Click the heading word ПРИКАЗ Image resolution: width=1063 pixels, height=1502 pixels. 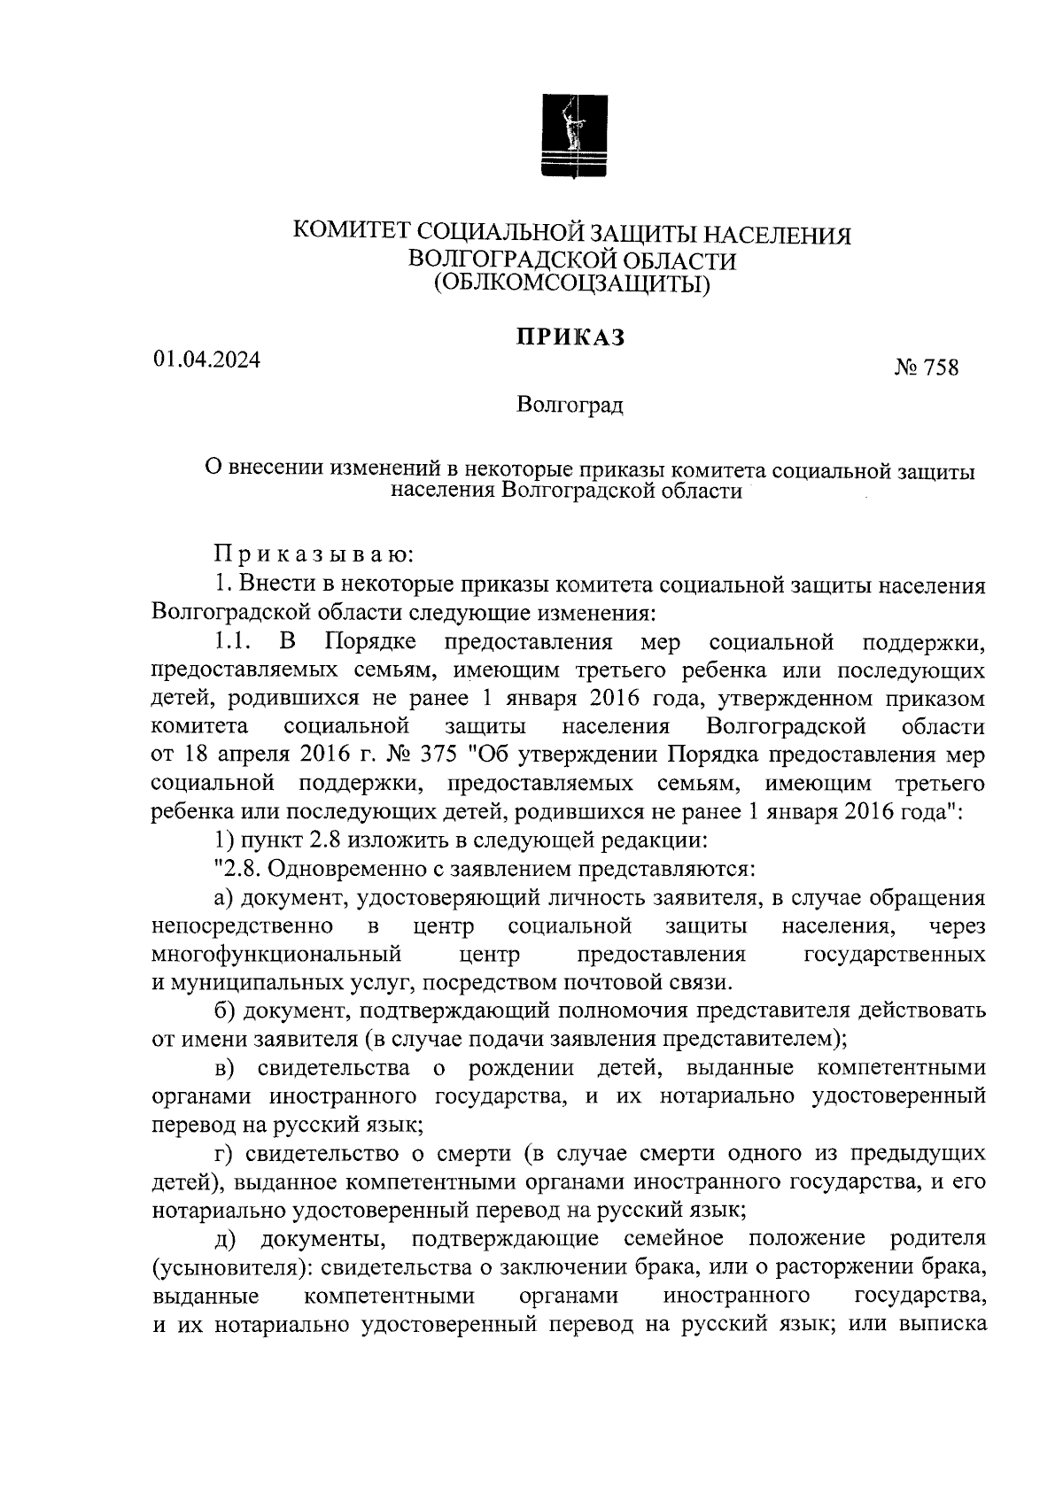click(x=572, y=337)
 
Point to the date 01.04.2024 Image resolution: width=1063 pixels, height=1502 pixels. click(x=206, y=360)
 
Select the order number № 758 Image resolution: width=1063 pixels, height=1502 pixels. click(x=927, y=368)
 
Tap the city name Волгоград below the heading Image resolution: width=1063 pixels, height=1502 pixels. click(x=571, y=406)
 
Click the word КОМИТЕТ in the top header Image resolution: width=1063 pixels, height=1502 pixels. click(x=351, y=234)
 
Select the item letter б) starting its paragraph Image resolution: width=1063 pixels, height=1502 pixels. click(x=225, y=1010)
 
